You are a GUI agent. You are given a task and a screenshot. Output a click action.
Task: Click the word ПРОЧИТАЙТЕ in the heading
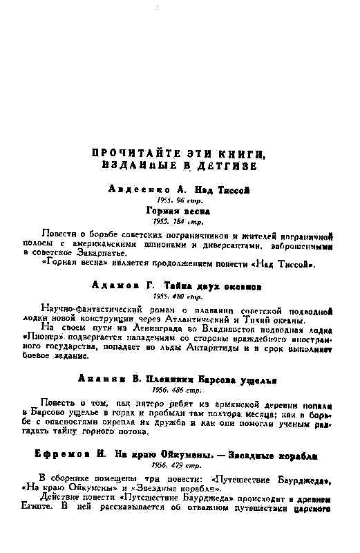click(x=126, y=153)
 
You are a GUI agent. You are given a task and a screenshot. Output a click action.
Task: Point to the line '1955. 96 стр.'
click(x=179, y=200)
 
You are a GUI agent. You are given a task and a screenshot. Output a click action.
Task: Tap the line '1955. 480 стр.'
click(x=179, y=296)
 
